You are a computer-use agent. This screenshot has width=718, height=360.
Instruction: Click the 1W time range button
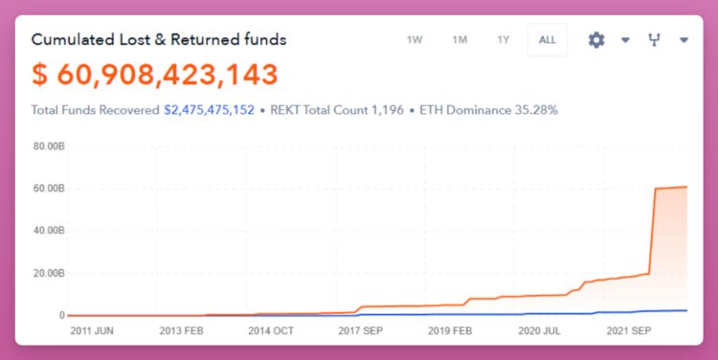point(415,40)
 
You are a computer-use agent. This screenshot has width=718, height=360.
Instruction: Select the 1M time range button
point(460,40)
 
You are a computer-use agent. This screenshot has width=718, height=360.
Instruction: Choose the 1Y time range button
point(504,40)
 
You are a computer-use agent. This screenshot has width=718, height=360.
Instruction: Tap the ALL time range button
point(547,40)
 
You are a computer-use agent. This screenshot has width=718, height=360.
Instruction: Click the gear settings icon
point(596,40)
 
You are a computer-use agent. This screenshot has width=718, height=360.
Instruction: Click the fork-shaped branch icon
point(655,40)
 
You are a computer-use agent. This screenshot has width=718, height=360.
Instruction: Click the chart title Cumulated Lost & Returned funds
point(159,39)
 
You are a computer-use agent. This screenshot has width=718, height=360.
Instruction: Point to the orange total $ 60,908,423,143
point(155,74)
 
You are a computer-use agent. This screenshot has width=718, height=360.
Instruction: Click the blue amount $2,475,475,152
point(209,110)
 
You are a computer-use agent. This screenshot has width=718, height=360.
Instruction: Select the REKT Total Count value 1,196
point(383,110)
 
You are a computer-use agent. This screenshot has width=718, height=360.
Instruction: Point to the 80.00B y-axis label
point(48,146)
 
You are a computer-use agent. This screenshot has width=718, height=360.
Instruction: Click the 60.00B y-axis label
point(48,189)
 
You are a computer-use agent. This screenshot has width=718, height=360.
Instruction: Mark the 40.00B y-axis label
point(48,231)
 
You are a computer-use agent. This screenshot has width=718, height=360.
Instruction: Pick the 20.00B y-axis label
point(48,273)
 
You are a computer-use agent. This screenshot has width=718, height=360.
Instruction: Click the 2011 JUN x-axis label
point(93,330)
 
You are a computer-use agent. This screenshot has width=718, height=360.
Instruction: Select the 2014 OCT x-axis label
point(271,330)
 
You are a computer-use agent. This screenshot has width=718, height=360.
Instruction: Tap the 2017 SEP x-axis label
point(361,330)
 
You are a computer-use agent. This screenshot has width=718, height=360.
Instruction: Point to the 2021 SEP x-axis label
point(631,330)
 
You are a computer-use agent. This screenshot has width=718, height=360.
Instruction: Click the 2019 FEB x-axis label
point(449,330)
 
